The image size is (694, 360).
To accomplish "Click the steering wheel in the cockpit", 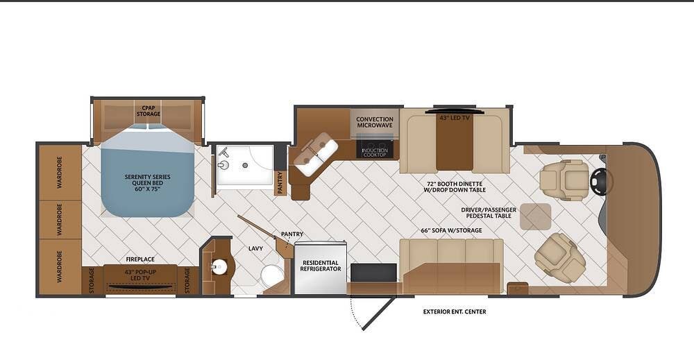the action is click(x=601, y=180).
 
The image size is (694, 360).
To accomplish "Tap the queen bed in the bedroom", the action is click(x=147, y=170).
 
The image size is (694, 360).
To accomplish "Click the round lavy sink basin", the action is click(x=219, y=267).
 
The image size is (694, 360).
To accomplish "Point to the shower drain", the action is click(x=245, y=165).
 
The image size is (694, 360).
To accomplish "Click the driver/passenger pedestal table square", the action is click(x=536, y=216).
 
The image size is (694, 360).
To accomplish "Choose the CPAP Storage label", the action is click(x=149, y=111).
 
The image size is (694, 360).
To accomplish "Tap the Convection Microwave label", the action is click(x=375, y=122).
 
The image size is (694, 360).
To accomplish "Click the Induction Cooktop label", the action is click(x=375, y=153).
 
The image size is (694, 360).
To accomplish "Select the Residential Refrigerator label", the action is click(x=321, y=266).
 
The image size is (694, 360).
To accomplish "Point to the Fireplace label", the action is click(x=140, y=259).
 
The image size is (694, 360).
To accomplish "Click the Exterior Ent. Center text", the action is click(x=455, y=311).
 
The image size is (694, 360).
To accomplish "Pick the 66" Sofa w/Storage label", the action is click(x=451, y=230).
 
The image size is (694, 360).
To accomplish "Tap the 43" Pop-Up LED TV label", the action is click(x=140, y=275).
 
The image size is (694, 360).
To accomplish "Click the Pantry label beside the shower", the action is click(x=280, y=182).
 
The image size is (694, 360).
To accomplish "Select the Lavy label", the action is click(x=255, y=248).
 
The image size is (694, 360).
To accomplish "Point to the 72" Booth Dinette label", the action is click(x=455, y=186).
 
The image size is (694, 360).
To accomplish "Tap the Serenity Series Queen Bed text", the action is click(x=147, y=182).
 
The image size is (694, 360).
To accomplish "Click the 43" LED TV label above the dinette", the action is click(x=455, y=118).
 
